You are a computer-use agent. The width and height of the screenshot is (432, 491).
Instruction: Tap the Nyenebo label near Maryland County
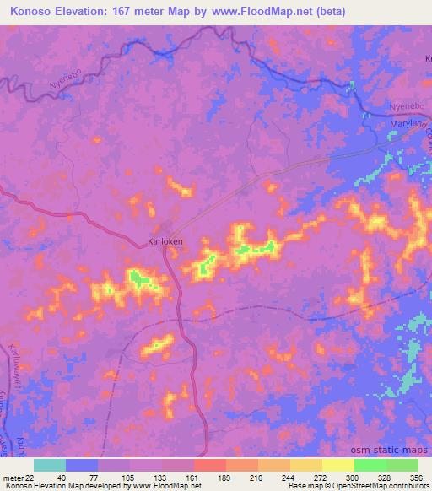coord(403,107)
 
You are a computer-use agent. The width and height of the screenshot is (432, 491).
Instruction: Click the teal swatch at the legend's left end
coord(49,465)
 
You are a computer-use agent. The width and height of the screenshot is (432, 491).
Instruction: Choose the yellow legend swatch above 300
coord(338,465)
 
